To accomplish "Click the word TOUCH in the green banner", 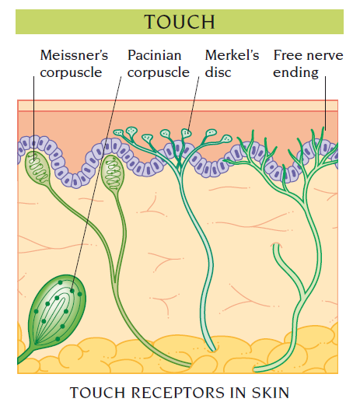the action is [180, 22].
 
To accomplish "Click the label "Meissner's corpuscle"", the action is [74, 64].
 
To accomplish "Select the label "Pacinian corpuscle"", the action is [159, 64].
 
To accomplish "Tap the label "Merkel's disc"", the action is [232, 64].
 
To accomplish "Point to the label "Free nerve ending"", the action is [308, 64].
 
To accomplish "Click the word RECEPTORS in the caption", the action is [177, 393].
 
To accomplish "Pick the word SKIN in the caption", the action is [271, 393].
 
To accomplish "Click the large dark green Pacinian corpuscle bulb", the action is [58, 309].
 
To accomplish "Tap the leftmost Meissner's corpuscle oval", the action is [37, 168].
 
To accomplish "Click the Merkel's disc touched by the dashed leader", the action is [187, 133].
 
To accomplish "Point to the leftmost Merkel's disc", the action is [118, 132].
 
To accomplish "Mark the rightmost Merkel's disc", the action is [226, 139].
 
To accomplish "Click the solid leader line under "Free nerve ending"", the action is [325, 103].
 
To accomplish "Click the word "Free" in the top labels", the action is [288, 55].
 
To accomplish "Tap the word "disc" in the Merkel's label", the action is [218, 72].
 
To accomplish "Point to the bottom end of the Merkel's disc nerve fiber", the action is [212, 349].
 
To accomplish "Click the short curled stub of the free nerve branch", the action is [276, 247].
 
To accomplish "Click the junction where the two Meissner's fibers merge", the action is [115, 280].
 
